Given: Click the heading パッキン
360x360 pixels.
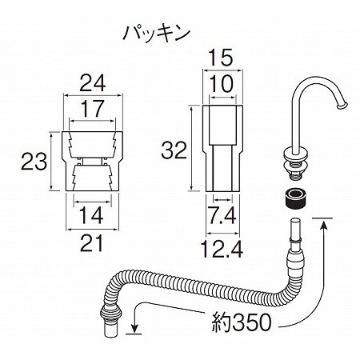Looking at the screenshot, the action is pyautogui.click(x=157, y=34).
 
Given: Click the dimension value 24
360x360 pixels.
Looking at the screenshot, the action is pyautogui.click(x=93, y=83).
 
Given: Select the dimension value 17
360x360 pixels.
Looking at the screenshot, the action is pyautogui.click(x=92, y=109).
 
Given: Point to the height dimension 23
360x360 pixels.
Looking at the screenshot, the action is pyautogui.click(x=34, y=162).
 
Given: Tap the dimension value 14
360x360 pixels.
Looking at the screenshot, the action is pyautogui.click(x=91, y=215).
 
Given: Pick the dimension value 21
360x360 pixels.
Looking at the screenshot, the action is pyautogui.click(x=91, y=243).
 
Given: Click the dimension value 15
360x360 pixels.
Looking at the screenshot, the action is pyautogui.click(x=221, y=58).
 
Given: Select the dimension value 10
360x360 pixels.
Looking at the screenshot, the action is pyautogui.click(x=221, y=84).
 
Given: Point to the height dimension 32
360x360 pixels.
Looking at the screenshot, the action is pyautogui.click(x=174, y=150).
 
